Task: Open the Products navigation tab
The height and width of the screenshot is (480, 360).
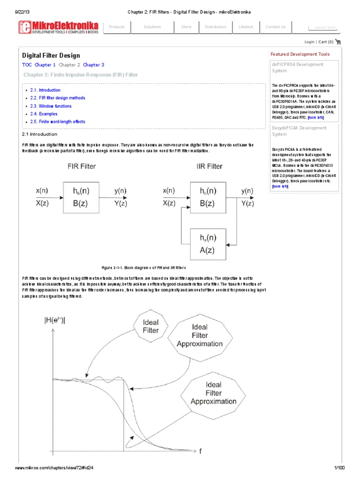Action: (x=117, y=27)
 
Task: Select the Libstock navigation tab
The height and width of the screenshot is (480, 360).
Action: (x=246, y=27)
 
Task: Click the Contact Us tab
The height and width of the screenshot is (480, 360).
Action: (x=276, y=27)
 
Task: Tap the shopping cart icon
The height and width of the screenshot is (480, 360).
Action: (x=338, y=42)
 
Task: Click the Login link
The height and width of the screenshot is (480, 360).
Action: (x=309, y=42)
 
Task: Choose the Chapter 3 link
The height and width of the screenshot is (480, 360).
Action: (x=94, y=65)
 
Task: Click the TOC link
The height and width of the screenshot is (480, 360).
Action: (x=27, y=65)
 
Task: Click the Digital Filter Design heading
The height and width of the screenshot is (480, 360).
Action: (x=51, y=55)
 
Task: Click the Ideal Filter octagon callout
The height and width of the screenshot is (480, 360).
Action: (x=147, y=326)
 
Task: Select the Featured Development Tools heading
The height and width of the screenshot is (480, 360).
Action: (x=300, y=54)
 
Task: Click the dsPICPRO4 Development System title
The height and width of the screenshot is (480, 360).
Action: (x=298, y=67)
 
